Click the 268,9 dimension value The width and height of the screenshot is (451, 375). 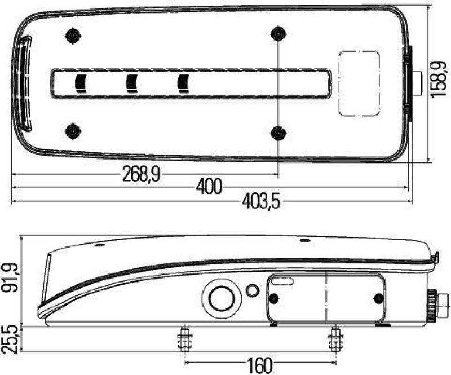141,175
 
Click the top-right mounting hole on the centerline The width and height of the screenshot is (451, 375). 277,34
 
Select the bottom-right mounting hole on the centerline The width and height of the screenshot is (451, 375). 277,133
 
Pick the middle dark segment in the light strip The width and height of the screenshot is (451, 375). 132,83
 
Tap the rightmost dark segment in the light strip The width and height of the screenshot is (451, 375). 183,83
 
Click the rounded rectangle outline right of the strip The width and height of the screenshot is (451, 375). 359,83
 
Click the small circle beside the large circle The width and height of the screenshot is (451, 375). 252,290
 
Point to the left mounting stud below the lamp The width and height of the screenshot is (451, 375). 184,339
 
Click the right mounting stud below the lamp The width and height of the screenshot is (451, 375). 335,339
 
